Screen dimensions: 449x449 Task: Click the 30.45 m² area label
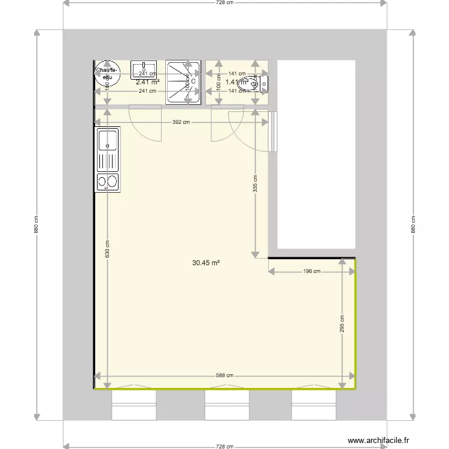(x=206, y=262)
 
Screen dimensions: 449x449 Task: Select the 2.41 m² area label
(x=147, y=83)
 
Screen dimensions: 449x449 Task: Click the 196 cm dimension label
(x=312, y=271)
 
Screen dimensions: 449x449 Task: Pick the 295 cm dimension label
(x=342, y=324)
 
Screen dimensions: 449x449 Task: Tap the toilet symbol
(x=243, y=85)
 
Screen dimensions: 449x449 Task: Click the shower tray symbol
(x=183, y=81)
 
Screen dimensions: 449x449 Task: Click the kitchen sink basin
(x=108, y=142)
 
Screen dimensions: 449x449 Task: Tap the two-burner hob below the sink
(x=107, y=181)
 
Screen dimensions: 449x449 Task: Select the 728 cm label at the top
(x=224, y=3)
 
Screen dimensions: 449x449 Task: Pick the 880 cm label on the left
(x=36, y=224)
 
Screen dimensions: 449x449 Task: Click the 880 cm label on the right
(x=413, y=224)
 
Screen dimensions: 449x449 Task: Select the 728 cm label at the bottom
(x=224, y=446)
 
